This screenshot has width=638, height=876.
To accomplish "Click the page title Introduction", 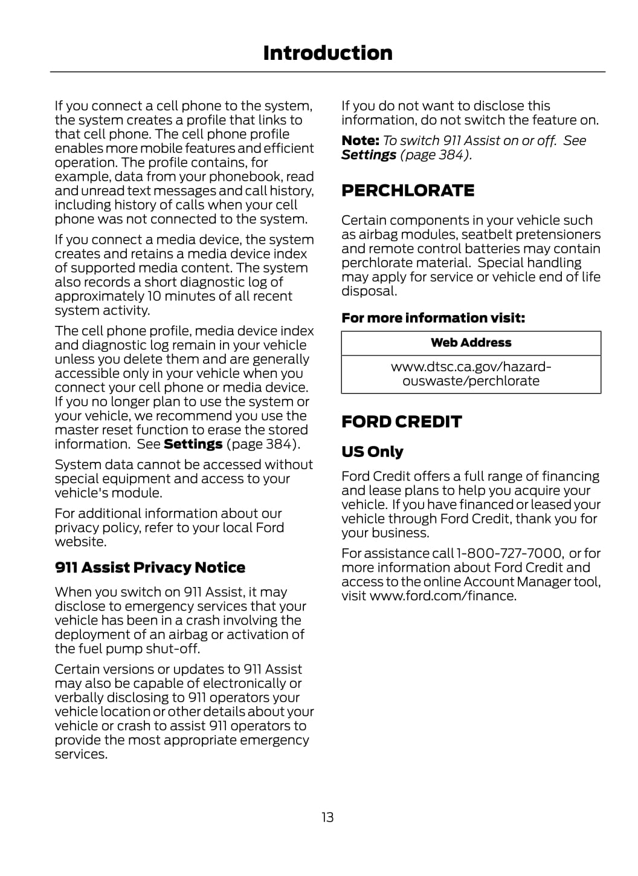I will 327,53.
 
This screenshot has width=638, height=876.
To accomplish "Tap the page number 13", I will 327,817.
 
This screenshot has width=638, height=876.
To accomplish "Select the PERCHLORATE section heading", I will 408,190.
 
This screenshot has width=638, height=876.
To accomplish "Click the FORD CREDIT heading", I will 401,421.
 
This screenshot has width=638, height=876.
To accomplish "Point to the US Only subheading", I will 372,452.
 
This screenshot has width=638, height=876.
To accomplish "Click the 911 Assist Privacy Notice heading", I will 150,568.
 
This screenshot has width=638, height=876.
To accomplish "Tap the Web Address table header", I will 471,343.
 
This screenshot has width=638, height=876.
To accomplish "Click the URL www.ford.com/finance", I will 443,596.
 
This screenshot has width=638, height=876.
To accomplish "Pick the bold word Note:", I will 360,141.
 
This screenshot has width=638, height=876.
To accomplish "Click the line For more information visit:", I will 433,318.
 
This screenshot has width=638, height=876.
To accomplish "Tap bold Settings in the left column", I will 193,444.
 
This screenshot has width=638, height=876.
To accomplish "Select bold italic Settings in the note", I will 369,155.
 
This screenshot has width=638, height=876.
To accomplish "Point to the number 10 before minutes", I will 155,296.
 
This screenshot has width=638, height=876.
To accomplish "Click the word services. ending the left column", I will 81,754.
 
